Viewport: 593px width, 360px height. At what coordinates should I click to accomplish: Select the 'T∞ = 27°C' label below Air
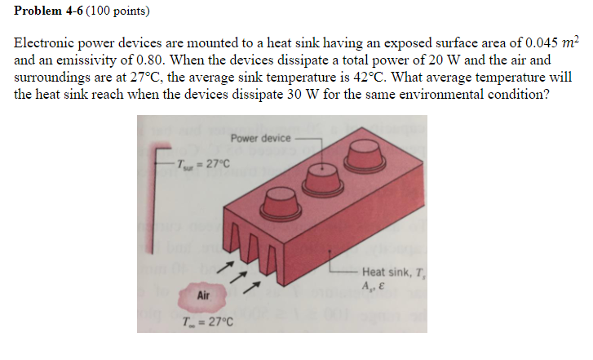pyautogui.click(x=205, y=319)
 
